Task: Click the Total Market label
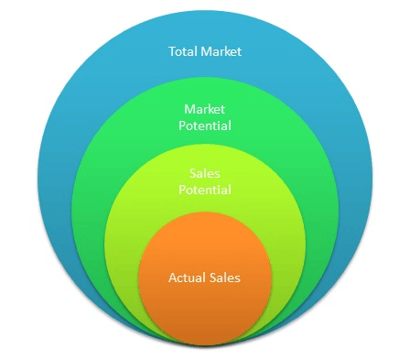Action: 205,51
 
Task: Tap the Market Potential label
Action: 205,116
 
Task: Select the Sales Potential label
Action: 204,180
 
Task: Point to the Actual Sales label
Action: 204,277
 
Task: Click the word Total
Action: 183,51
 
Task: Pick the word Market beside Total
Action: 221,51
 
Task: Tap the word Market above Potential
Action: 205,108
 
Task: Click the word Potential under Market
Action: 205,125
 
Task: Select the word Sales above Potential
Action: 204,172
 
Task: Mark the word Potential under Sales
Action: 204,190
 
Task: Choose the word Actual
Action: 187,277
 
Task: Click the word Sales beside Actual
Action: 224,277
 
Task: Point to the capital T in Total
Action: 172,51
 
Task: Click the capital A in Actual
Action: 172,277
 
